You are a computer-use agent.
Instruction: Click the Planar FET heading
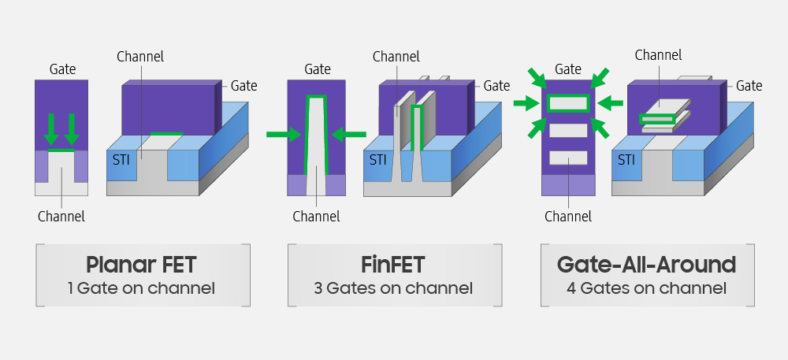point(142,264)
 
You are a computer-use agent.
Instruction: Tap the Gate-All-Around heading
point(646,264)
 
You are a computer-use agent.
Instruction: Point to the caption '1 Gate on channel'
point(142,288)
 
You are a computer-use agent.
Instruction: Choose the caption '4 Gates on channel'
point(646,288)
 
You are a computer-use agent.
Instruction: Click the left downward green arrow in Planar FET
point(51,128)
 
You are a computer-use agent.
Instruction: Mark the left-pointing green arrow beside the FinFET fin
point(349,135)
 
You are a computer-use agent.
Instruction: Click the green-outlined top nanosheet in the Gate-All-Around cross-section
point(568,102)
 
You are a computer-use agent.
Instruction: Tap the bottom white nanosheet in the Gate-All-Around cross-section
point(568,158)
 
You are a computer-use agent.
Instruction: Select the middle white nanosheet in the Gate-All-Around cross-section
point(568,130)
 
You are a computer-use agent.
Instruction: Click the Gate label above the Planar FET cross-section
point(62,69)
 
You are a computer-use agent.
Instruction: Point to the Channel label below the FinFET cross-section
point(316,217)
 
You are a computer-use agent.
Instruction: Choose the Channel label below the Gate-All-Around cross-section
point(567,217)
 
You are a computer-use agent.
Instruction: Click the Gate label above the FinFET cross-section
point(318,69)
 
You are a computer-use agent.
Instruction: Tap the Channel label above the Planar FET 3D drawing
point(140,57)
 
